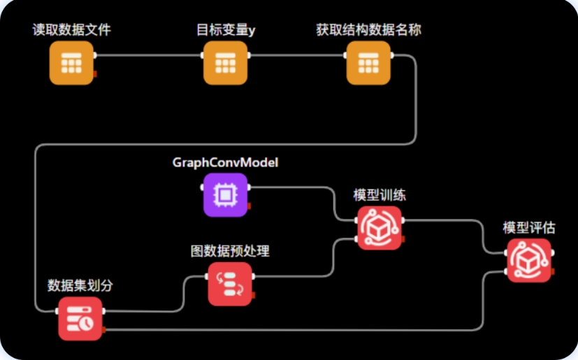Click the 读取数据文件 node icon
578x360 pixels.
[71, 63]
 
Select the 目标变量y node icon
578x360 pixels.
[225, 63]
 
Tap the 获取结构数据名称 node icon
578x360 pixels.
[368, 63]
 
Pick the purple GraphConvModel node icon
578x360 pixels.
[225, 194]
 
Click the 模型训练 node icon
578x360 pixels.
[380, 228]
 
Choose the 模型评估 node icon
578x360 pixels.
[529, 260]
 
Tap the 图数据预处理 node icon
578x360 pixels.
[230, 284]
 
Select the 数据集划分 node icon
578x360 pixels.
[80, 319]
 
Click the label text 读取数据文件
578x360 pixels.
[71, 30]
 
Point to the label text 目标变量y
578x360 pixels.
[225, 30]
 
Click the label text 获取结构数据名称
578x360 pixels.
[368, 30]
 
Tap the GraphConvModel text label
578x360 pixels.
[225, 162]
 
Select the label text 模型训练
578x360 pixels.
[380, 195]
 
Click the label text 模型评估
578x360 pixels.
[529, 228]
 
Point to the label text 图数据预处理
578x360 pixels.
[230, 251]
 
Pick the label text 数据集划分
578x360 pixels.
[80, 285]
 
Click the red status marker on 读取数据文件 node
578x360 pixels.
[95, 73]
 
